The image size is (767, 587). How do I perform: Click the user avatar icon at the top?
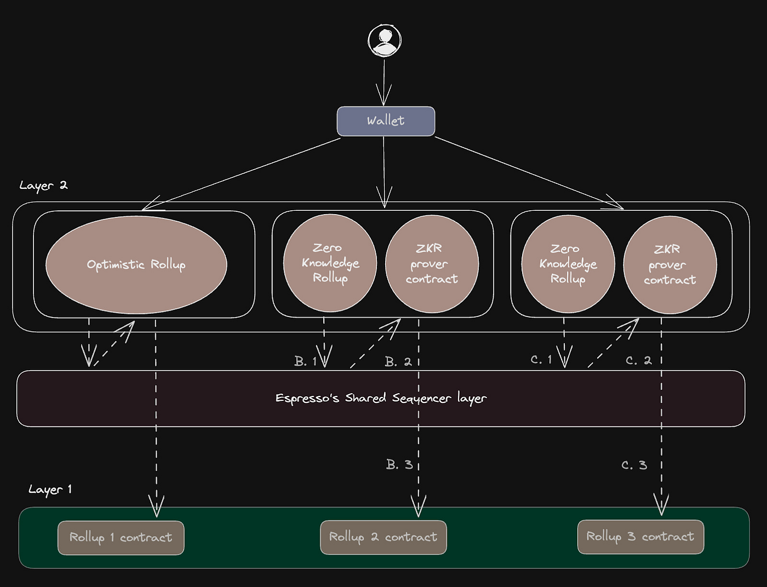point(385,41)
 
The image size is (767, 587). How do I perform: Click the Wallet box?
point(386,121)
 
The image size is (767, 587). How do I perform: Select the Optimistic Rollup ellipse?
point(136,264)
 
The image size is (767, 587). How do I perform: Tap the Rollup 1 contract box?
point(121,538)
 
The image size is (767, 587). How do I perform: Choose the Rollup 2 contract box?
point(383,537)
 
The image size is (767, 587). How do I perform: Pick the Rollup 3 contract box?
point(640,537)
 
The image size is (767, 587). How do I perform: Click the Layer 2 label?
point(43,186)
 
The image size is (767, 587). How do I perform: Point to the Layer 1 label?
point(50,490)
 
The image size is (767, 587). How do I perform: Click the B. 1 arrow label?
point(305,361)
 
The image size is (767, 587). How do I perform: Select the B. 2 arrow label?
point(398,362)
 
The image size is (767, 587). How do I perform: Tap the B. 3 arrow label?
point(399,465)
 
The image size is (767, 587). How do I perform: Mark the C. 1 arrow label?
point(541,360)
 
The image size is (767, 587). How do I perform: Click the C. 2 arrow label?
point(639,360)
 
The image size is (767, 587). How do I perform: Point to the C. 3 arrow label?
point(634,465)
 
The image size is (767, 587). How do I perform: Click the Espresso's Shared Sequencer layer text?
point(381,398)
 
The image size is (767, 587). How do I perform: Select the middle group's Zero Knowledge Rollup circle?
point(330,263)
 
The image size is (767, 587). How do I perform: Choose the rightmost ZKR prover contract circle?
point(669,264)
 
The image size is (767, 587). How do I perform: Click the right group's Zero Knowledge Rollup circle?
point(568,264)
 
